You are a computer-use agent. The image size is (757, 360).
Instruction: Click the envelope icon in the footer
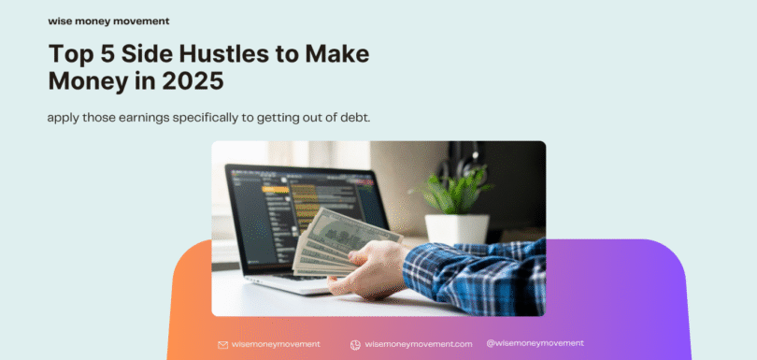click(x=222, y=344)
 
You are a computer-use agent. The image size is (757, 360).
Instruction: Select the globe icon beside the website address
click(x=355, y=344)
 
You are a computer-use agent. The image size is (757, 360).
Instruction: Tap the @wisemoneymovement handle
click(x=536, y=343)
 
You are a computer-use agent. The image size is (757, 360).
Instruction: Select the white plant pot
click(x=457, y=229)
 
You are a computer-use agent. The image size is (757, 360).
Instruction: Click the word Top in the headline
click(x=72, y=54)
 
